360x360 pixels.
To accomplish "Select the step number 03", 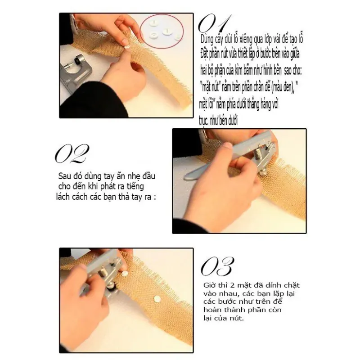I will [x=217, y=266].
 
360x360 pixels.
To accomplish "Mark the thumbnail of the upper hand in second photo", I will [x=228, y=146].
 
